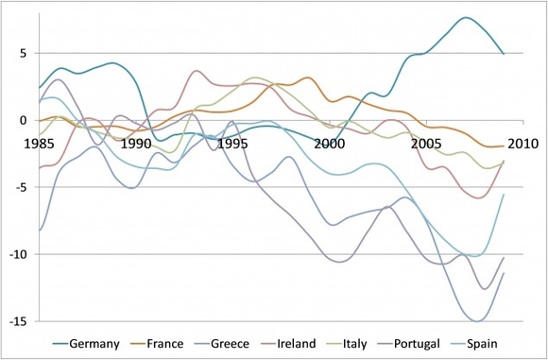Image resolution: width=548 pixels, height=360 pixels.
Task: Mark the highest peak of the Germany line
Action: [x=465, y=18]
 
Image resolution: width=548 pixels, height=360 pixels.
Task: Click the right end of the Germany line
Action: [x=504, y=54]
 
